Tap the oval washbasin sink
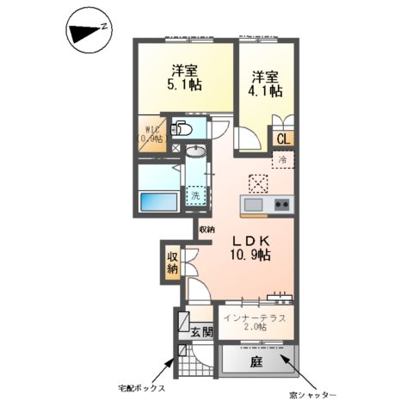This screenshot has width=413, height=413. tap(197, 152)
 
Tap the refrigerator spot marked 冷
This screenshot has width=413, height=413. tap(281, 159)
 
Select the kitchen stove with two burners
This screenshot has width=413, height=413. tap(281, 206)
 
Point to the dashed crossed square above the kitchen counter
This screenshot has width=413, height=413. tap(257, 182)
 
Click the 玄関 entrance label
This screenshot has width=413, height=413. tap(201, 331)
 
